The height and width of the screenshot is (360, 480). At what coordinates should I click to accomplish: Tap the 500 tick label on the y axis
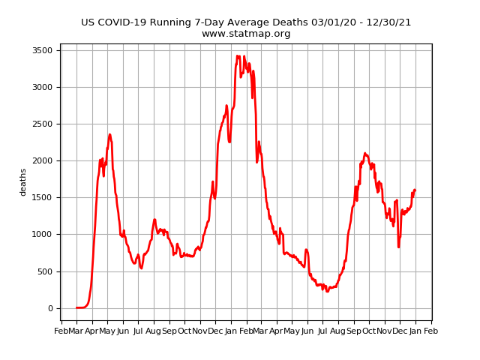tap(45, 271)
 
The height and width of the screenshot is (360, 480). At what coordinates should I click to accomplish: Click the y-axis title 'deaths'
tap(23, 182)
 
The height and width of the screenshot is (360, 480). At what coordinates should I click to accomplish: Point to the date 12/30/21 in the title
tap(386, 22)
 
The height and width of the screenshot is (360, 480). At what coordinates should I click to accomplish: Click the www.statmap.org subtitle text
tap(246, 34)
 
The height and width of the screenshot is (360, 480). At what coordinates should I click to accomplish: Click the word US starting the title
tap(88, 22)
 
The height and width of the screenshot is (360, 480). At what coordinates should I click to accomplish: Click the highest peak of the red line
tap(238, 55)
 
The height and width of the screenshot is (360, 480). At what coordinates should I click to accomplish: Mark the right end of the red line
tap(415, 190)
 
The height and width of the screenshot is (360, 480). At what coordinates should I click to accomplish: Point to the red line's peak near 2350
tap(109, 135)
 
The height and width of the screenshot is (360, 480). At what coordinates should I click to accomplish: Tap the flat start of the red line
tap(80, 307)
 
